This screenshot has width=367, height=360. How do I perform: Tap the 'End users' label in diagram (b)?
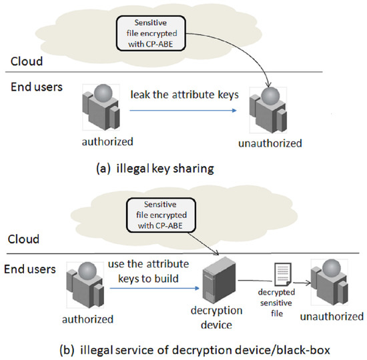[x=28, y=269]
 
